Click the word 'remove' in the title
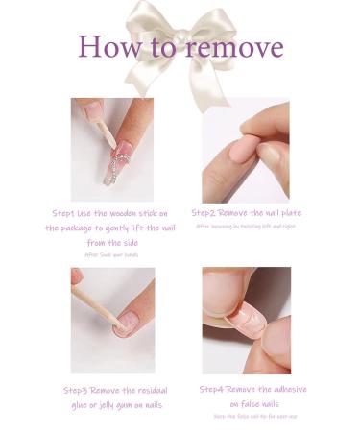(x=235, y=47)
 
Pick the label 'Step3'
(x=79, y=391)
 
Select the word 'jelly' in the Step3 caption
(x=94, y=406)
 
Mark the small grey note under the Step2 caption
(x=246, y=227)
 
